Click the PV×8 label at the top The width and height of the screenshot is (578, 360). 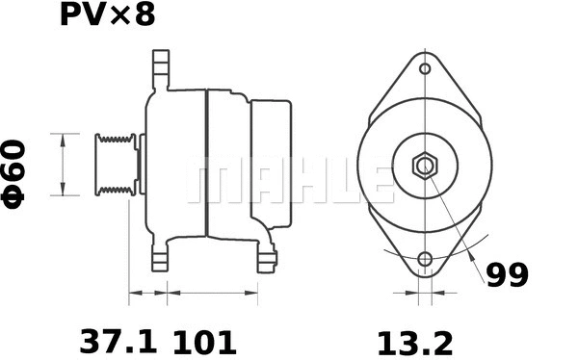(x=106, y=16)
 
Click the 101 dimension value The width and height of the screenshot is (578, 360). (x=204, y=341)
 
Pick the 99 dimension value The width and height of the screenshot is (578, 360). (x=506, y=276)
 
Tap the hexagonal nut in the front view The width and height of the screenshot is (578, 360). (x=425, y=165)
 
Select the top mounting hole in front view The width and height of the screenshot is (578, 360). (x=425, y=68)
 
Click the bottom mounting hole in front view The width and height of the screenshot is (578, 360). (x=425, y=259)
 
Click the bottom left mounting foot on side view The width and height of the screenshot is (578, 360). (x=160, y=258)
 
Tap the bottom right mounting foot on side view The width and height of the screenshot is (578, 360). (x=267, y=258)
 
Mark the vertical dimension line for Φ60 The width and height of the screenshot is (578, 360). (x=64, y=165)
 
